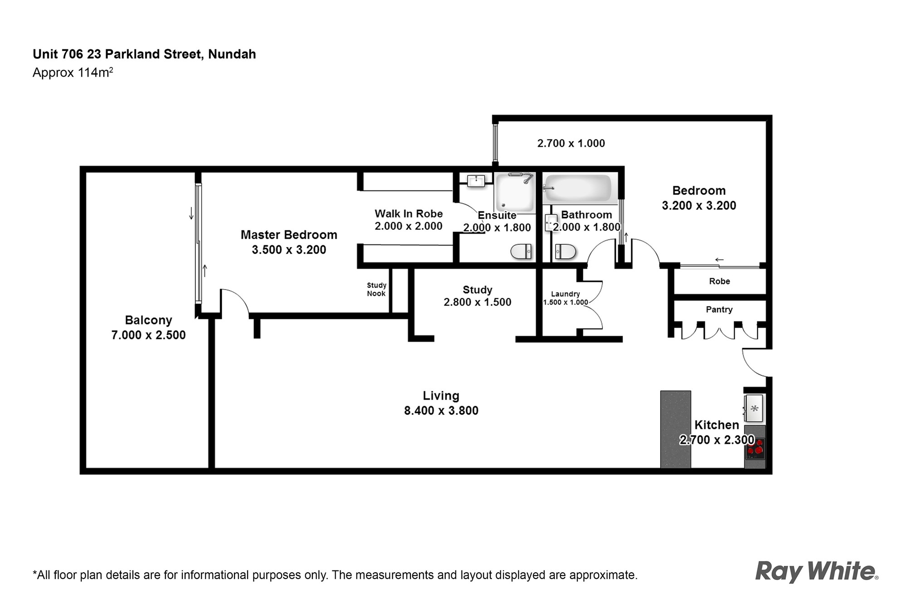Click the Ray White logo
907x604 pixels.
(817, 572)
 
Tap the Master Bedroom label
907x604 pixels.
(289, 235)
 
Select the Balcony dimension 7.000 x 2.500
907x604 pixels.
(149, 335)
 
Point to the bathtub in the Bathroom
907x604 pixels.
(578, 188)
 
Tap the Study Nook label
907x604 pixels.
(376, 289)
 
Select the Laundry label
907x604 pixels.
(566, 294)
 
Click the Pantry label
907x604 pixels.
(719, 309)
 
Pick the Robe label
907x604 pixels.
(720, 281)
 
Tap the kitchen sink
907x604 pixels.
(754, 408)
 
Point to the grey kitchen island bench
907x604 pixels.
(675, 429)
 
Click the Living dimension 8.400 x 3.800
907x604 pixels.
(441, 411)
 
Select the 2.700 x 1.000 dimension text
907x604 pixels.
(571, 143)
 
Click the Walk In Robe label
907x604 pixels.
(409, 214)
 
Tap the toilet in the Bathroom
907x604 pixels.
(565, 251)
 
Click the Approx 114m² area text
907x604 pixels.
(73, 72)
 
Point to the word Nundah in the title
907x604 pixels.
(232, 54)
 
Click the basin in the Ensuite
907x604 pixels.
(476, 181)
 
